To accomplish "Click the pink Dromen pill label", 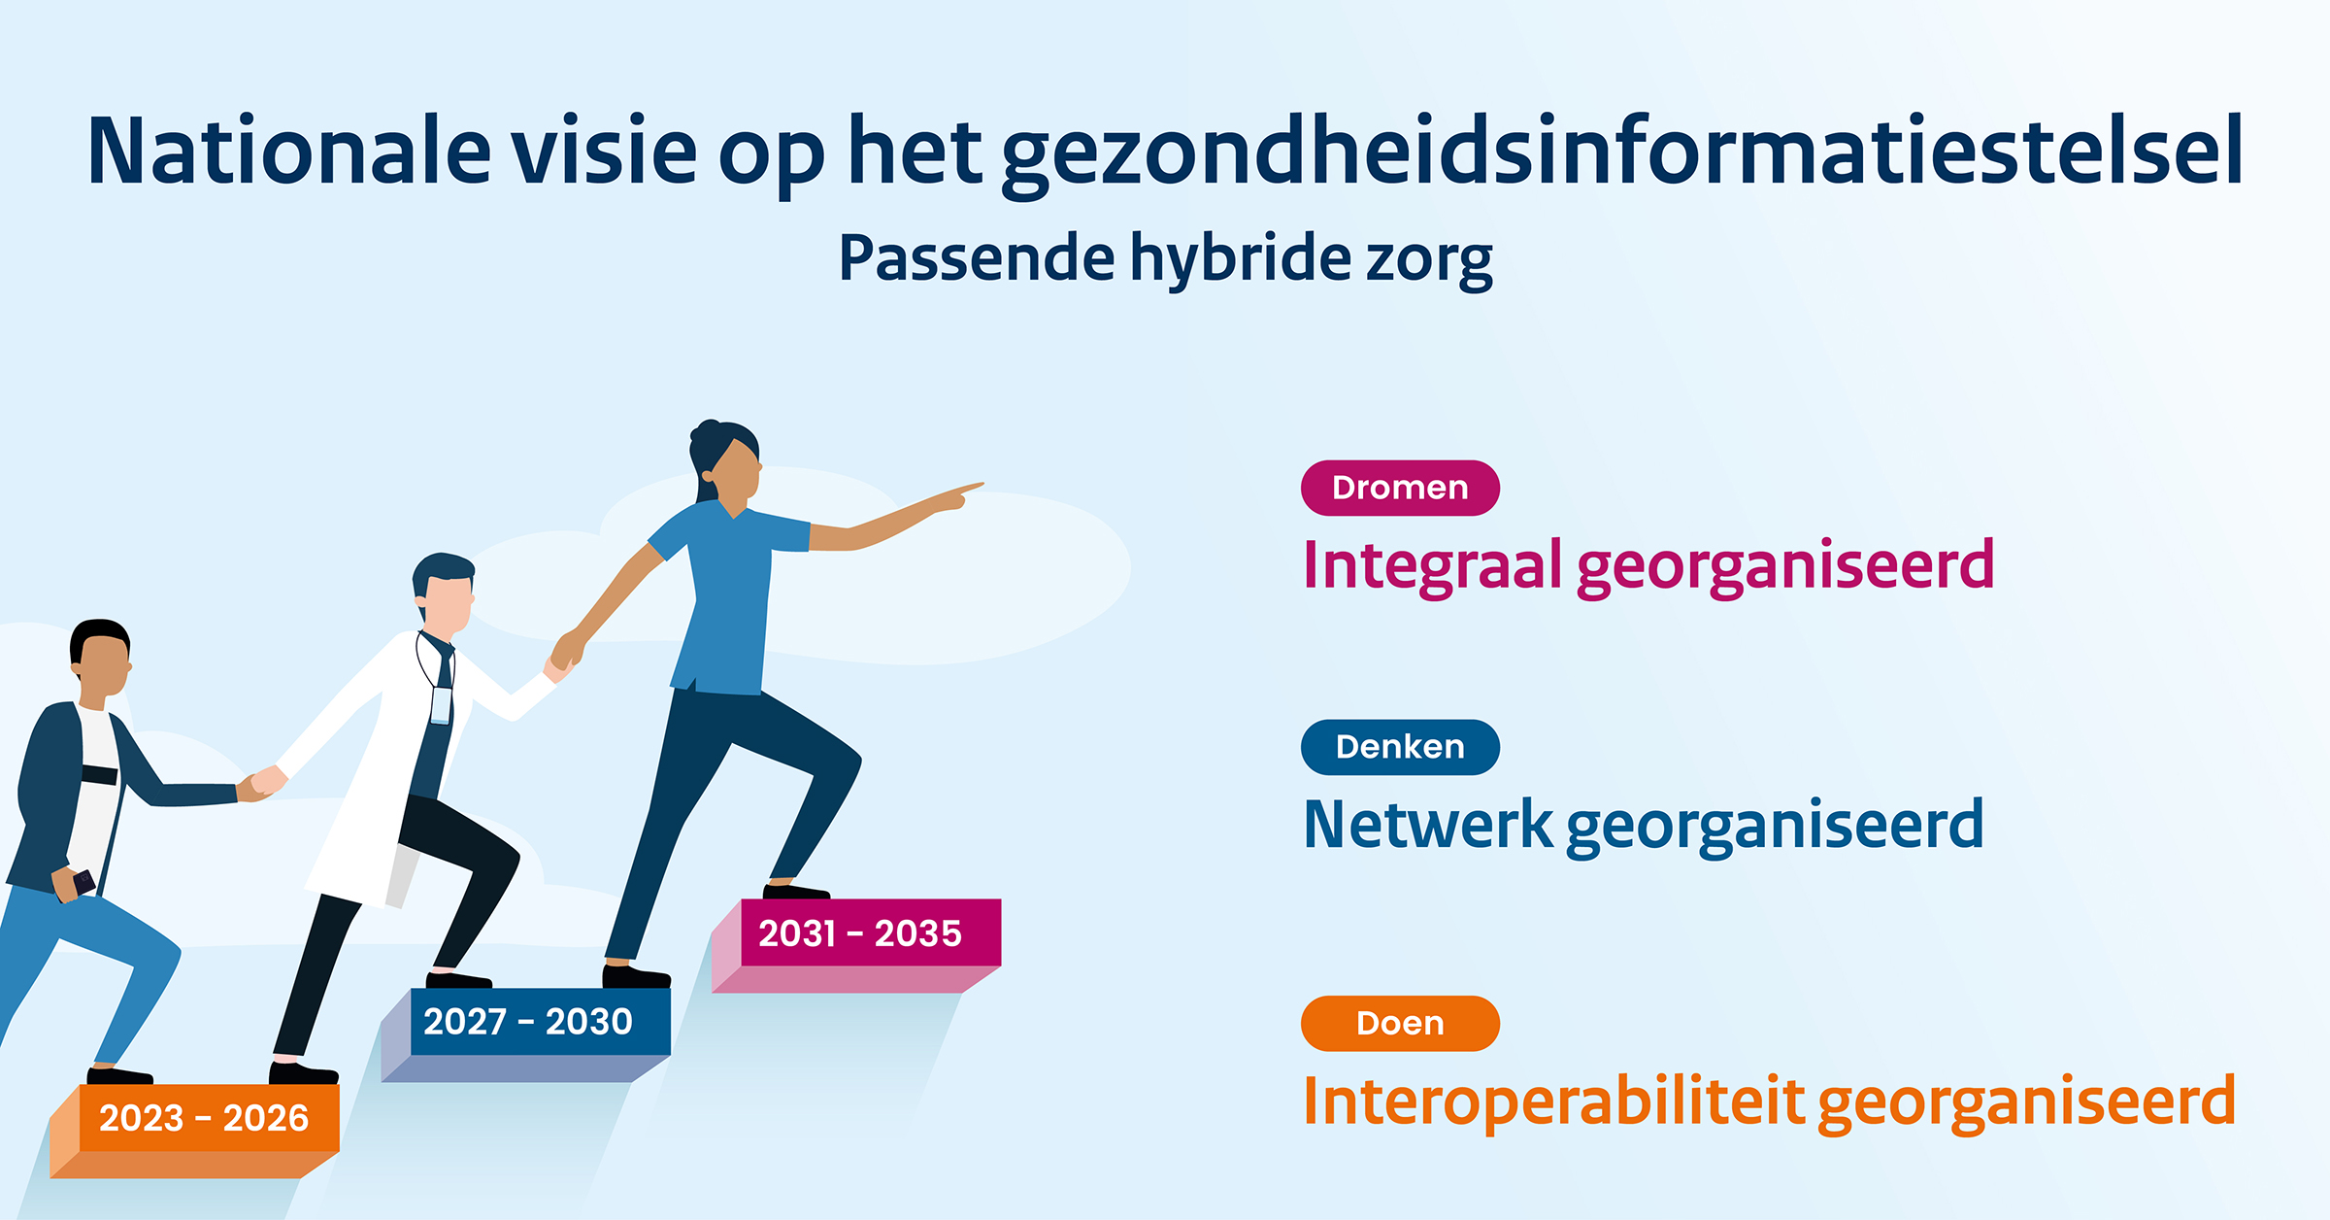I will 1399,488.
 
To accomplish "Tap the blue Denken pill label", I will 1399,747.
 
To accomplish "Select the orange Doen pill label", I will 1399,1023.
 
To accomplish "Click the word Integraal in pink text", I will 1431,565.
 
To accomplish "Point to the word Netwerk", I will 1427,825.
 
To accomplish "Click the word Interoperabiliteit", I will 1553,1101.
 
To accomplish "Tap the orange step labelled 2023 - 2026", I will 204,1118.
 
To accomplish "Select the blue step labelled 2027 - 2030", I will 528,1022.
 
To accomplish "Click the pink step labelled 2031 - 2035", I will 860,933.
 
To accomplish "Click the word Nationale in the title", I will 289,152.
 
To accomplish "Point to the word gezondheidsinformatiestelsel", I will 1621,153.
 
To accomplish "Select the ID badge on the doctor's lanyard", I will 441,705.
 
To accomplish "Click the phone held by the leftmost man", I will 83,882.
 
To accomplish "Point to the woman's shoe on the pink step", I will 796,891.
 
